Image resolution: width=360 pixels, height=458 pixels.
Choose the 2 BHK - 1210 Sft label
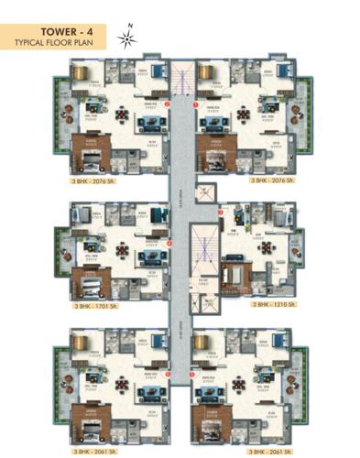(266, 306)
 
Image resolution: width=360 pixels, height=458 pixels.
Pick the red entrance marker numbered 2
(167, 104)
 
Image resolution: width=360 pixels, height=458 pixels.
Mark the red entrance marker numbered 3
(219, 213)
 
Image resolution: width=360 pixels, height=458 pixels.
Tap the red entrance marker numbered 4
(169, 243)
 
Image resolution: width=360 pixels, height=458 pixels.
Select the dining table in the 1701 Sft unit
(122, 248)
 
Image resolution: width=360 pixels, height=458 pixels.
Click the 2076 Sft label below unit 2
(97, 180)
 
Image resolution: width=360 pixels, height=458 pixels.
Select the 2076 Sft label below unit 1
(267, 180)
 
